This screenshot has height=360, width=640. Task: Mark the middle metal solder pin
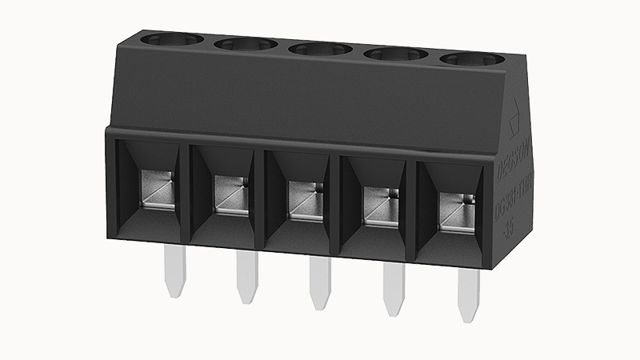point(320,286)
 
